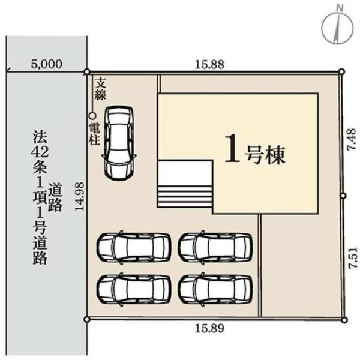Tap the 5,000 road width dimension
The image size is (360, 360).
click(47, 64)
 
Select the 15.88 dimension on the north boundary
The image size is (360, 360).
click(209, 65)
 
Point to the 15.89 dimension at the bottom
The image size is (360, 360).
click(209, 328)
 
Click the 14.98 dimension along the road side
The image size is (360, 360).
click(80, 196)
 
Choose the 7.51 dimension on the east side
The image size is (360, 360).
click(353, 257)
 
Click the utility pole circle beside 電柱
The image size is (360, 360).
click(92, 116)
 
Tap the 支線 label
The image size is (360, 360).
click(101, 89)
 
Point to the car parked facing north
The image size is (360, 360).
click(119, 143)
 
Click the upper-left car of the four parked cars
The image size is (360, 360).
click(134, 247)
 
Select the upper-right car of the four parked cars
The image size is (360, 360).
click(216, 247)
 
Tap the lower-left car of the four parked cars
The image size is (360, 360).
click(134, 289)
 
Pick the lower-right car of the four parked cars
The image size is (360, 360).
click(216, 289)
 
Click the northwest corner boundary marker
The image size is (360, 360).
click(87, 72)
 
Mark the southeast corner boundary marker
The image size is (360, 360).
click(344, 320)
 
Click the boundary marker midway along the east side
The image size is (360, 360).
click(343, 196)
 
